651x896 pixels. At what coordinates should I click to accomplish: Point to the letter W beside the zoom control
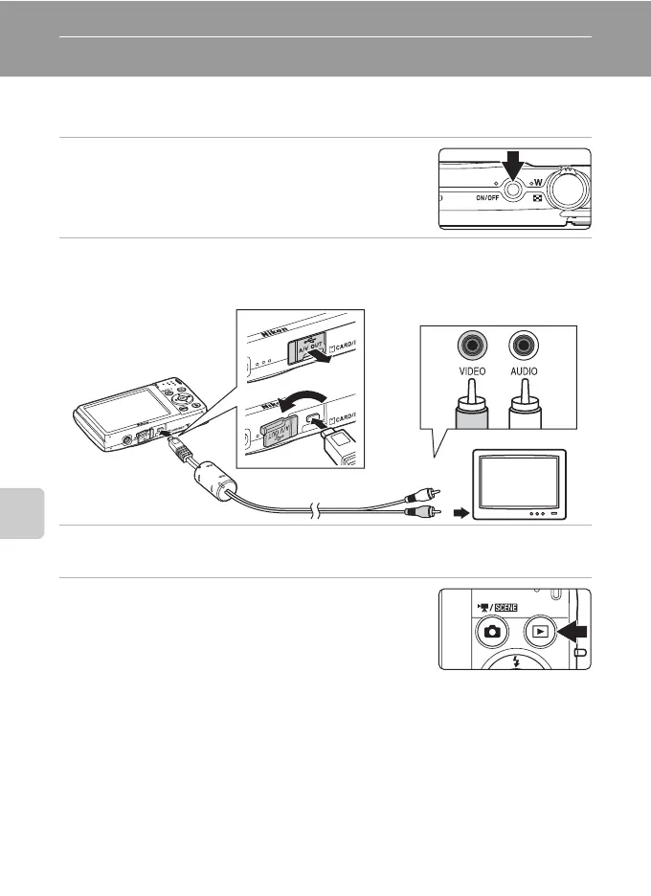click(538, 184)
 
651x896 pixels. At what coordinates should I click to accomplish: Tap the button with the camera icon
click(492, 633)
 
